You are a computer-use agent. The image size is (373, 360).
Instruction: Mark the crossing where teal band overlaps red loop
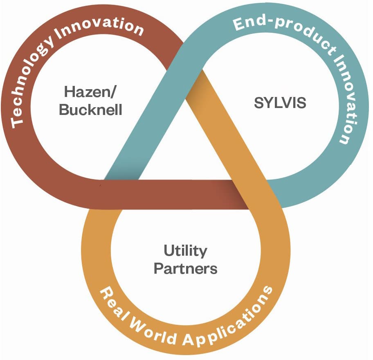click(x=174, y=61)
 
